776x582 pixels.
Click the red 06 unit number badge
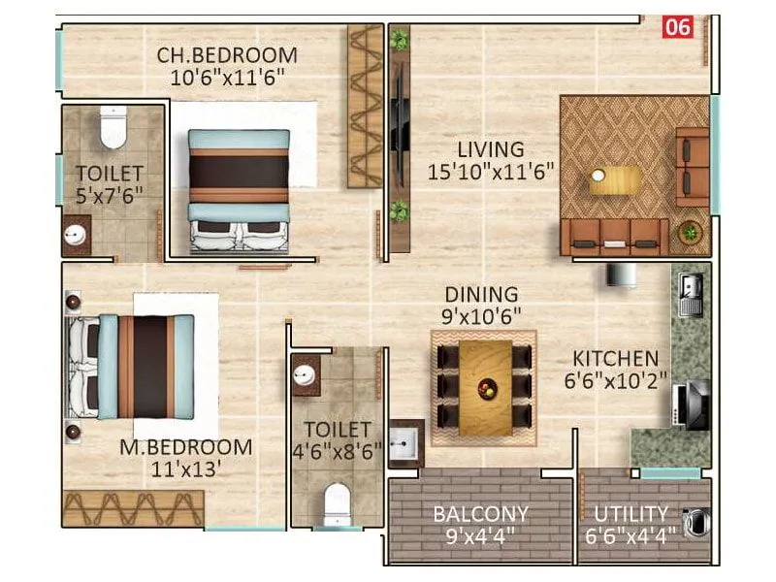click(x=676, y=27)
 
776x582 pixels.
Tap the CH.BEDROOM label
click(x=227, y=55)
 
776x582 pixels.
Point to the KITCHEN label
click(x=615, y=359)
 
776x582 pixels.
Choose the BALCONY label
click(x=481, y=514)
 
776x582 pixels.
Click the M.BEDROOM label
click(x=185, y=448)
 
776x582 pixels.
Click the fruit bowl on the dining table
click(x=486, y=388)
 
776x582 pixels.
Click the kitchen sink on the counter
click(x=692, y=292)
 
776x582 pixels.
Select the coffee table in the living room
click(x=616, y=180)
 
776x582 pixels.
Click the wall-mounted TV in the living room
click(x=397, y=125)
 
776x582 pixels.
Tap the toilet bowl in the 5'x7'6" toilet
click(x=113, y=128)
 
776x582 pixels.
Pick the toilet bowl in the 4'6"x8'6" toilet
click(x=336, y=502)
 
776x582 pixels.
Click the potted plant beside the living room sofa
click(x=690, y=233)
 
